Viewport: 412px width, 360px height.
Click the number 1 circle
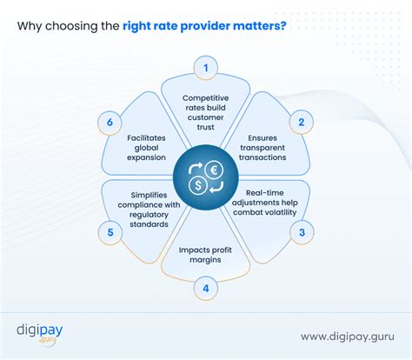pyautogui.click(x=205, y=67)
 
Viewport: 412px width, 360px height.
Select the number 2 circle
pyautogui.click(x=301, y=123)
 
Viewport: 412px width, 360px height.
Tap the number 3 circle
pyautogui.click(x=302, y=231)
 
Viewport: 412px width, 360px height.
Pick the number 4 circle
pyautogui.click(x=206, y=287)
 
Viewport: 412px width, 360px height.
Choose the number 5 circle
pyautogui.click(x=110, y=231)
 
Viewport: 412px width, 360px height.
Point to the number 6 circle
pyautogui.click(x=110, y=123)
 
